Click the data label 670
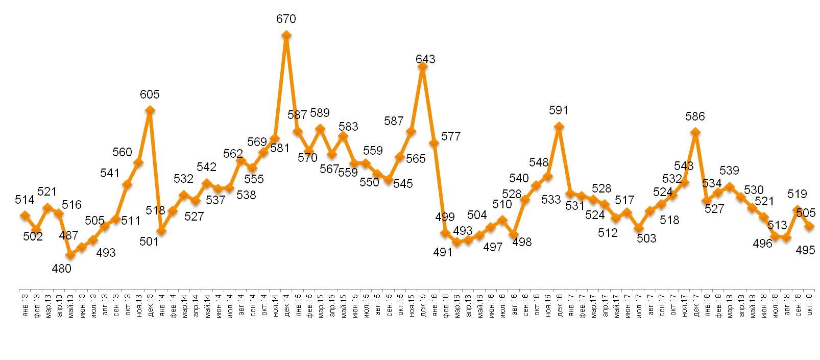pyautogui.click(x=286, y=19)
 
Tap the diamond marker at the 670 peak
pyautogui.click(x=286, y=35)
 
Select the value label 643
pyautogui.click(x=425, y=59)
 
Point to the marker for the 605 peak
pyautogui.click(x=150, y=110)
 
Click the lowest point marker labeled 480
pyautogui.click(x=70, y=255)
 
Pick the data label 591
pyautogui.click(x=559, y=110)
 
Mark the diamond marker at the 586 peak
pyautogui.click(x=695, y=132)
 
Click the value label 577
pyautogui.click(x=451, y=136)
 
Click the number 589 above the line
pyautogui.click(x=320, y=113)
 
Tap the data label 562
pyautogui.click(x=233, y=153)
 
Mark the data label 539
pyautogui.click(x=730, y=170)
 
